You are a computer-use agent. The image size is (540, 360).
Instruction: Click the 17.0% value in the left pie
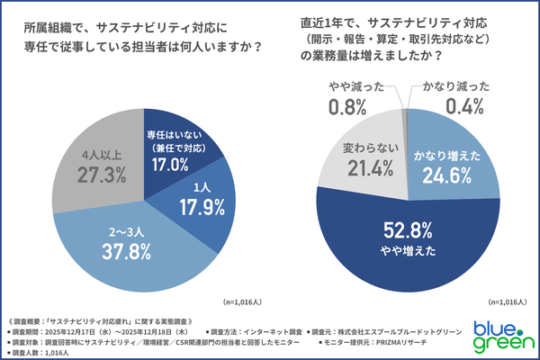(170, 165)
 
